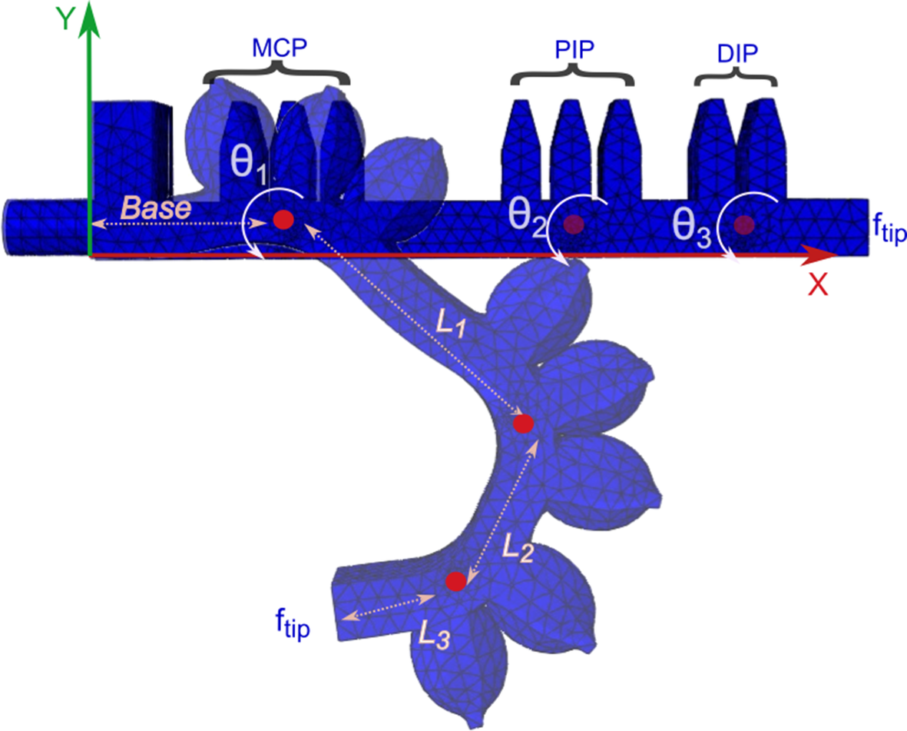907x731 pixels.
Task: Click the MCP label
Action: [x=278, y=48]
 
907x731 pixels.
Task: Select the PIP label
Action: [x=574, y=50]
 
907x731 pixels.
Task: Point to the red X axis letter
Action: [x=819, y=285]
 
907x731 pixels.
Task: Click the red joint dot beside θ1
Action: [x=283, y=220]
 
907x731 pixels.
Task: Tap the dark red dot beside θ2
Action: [x=573, y=224]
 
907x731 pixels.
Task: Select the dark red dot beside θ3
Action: [x=743, y=224]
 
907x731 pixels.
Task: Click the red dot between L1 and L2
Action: [x=524, y=424]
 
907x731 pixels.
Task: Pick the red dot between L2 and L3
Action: [x=455, y=581]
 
